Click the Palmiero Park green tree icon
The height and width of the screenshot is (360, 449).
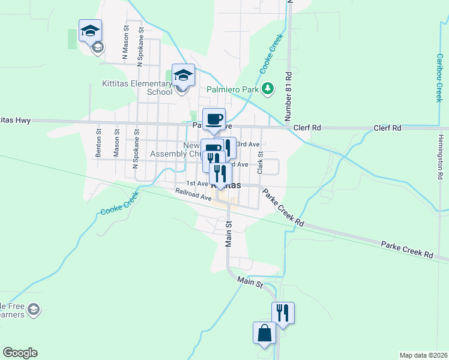(268, 89)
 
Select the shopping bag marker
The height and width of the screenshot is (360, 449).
(265, 334)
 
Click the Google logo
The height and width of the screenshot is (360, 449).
(20, 353)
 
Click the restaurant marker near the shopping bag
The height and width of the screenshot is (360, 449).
(283, 313)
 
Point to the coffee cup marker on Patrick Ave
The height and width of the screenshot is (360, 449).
(214, 119)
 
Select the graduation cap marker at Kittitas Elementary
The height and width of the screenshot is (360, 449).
(183, 76)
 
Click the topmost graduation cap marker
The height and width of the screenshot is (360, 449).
(90, 31)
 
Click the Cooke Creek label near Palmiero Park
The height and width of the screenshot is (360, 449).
(271, 54)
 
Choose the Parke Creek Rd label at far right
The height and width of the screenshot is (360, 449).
(407, 250)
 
